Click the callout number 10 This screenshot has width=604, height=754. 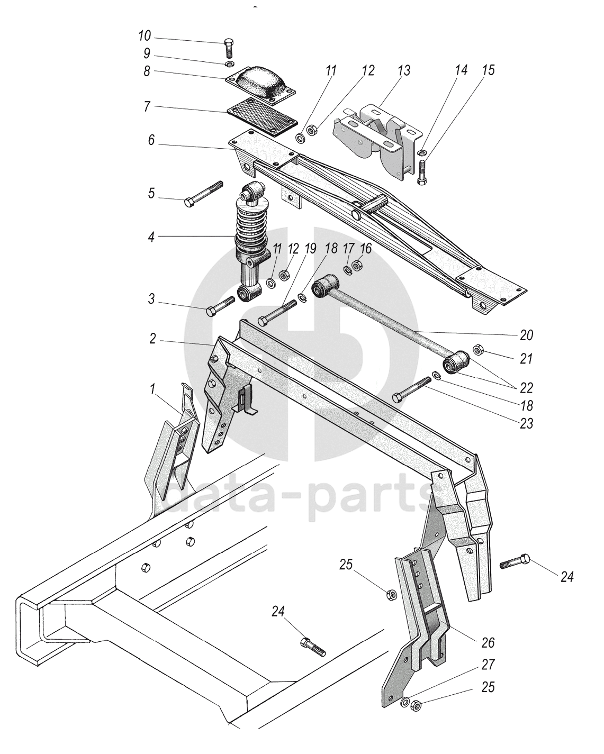pyautogui.click(x=145, y=37)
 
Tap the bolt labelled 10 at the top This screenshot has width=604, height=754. pyautogui.click(x=229, y=48)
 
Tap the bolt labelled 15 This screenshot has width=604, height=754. pyautogui.click(x=422, y=172)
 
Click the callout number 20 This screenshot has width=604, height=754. pyautogui.click(x=527, y=335)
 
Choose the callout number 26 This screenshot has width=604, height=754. pyautogui.click(x=488, y=643)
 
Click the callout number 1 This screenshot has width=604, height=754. pyautogui.click(x=153, y=389)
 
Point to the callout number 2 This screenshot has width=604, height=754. pyautogui.click(x=152, y=339)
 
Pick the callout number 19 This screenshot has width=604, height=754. pyautogui.click(x=310, y=248)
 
